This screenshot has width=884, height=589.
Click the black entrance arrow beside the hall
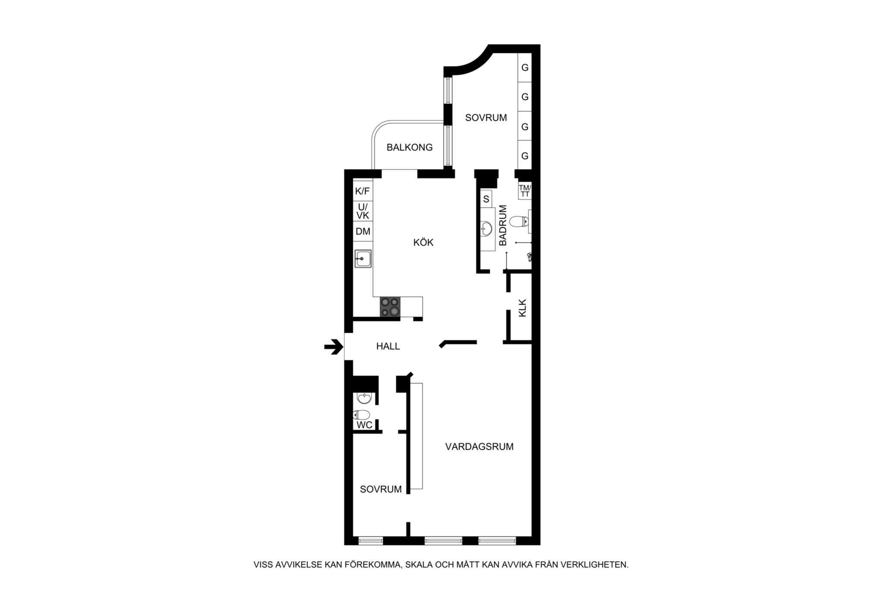pos(334,346)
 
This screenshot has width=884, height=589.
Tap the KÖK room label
pos(423,243)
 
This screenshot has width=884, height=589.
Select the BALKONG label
pos(410,148)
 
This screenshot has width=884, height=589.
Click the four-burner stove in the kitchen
pos(390,307)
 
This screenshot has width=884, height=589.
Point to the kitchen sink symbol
pos(363,258)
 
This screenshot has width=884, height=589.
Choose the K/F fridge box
pos(363,191)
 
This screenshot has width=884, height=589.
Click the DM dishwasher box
pos(363,231)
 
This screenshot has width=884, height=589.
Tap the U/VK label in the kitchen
pos(363,211)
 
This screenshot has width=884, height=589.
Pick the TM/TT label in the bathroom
pos(525,191)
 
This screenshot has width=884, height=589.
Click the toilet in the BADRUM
pos(519,222)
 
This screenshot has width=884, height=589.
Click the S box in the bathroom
pos(486,198)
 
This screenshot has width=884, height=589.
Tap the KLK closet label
pos(523,308)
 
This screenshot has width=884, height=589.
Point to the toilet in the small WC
pos(362,415)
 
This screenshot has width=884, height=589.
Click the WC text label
pos(364,425)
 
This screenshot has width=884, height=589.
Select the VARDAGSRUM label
pos(480,447)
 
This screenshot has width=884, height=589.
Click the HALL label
pos(388,346)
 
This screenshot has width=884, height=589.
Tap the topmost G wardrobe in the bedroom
pos(525,67)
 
